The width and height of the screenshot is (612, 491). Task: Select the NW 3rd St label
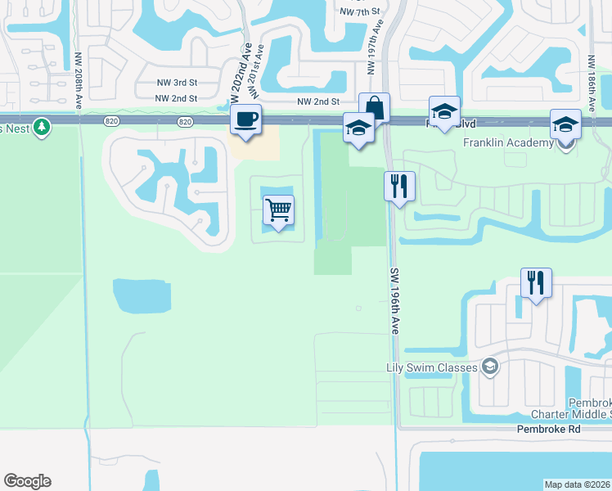[x=178, y=83]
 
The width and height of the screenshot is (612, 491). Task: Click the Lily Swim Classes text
[x=431, y=367]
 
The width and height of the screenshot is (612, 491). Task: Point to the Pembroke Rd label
[x=547, y=429]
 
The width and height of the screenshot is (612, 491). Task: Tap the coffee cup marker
[x=245, y=119]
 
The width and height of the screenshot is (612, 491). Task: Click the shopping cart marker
[x=278, y=210]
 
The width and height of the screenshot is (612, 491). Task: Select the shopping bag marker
[x=375, y=107]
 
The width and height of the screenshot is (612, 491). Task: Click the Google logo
[x=27, y=481]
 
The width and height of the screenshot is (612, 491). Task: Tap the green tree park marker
[x=41, y=127]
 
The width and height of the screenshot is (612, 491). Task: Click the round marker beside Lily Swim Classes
[x=490, y=367]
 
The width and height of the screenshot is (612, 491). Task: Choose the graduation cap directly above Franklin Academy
[x=565, y=124]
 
